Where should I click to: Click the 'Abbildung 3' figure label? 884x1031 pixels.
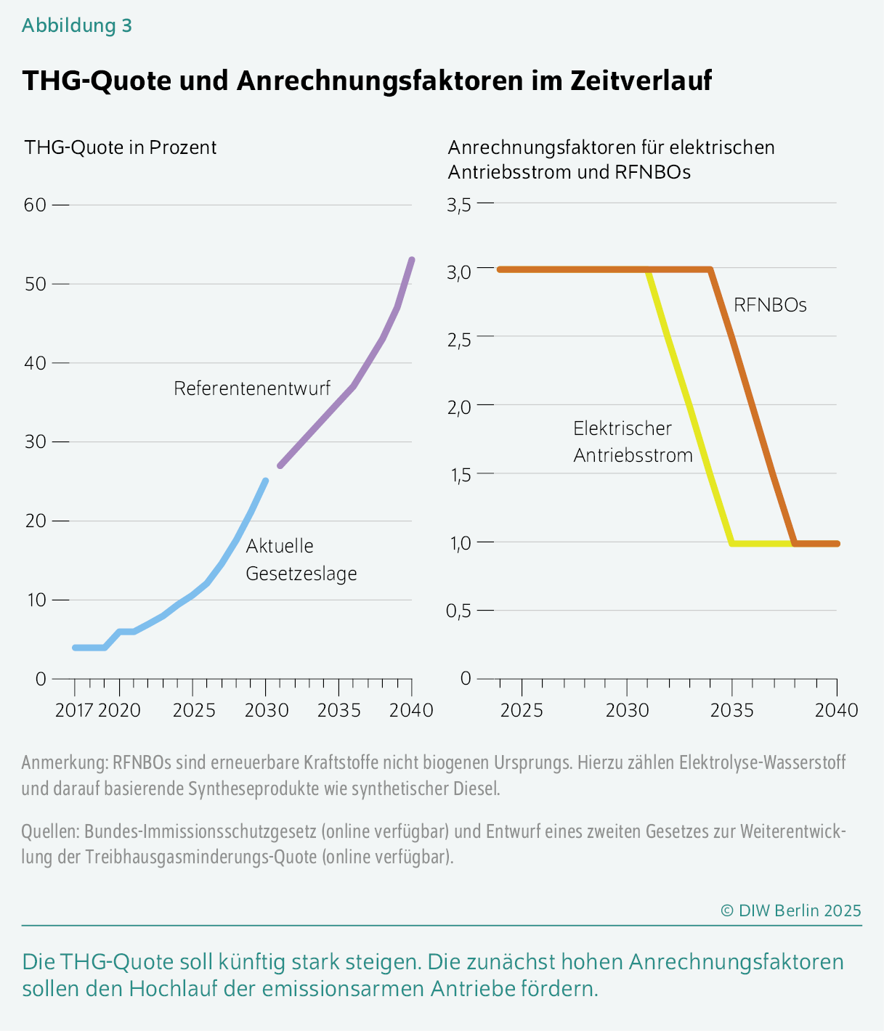pyautogui.click(x=77, y=25)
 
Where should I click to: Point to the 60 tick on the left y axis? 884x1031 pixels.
pyautogui.click(x=35, y=205)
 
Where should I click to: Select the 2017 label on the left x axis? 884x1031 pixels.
pyautogui.click(x=74, y=709)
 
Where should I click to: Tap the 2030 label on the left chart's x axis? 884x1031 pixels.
pyautogui.click(x=266, y=709)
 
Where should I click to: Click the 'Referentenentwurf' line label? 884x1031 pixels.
pyautogui.click(x=252, y=388)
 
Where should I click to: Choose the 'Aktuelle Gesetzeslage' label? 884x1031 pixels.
pyautogui.click(x=301, y=560)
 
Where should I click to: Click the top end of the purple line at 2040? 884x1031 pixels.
pyautogui.click(x=412, y=260)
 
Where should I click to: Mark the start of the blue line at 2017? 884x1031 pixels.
pyautogui.click(x=75, y=647)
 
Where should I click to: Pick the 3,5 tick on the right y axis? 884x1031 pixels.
pyautogui.click(x=459, y=205)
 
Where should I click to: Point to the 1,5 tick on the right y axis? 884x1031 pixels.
pyautogui.click(x=459, y=475)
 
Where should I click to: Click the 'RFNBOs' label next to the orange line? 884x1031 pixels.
pyautogui.click(x=770, y=305)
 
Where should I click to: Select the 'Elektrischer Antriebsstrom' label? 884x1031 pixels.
pyautogui.click(x=632, y=441)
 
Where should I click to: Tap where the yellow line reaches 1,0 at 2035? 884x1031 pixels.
pyautogui.click(x=732, y=543)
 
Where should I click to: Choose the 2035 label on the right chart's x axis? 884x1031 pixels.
pyautogui.click(x=731, y=709)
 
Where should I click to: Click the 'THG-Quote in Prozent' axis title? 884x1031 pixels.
pyautogui.click(x=121, y=147)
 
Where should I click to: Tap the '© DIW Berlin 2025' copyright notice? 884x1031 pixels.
pyautogui.click(x=790, y=910)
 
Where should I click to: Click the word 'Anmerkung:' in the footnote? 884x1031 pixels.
pyautogui.click(x=65, y=763)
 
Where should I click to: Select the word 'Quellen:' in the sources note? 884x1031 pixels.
pyautogui.click(x=51, y=831)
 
